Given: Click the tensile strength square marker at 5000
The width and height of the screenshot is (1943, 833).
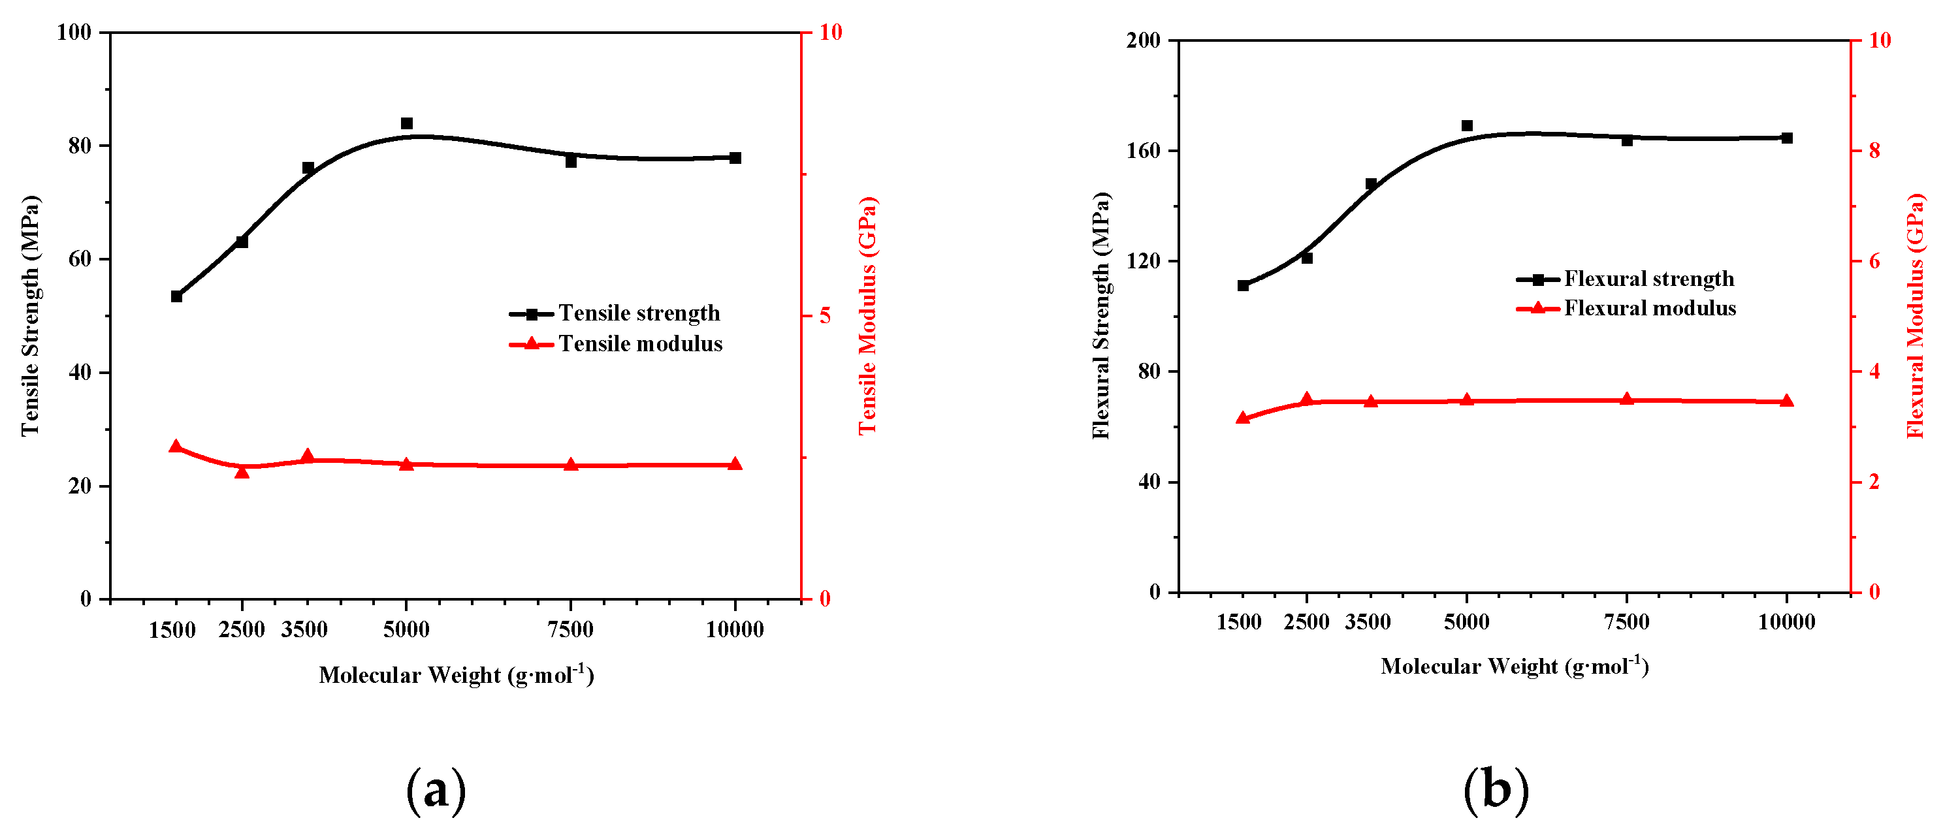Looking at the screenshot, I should coord(406,123).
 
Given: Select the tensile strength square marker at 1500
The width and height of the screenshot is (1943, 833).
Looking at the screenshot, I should coord(176,296).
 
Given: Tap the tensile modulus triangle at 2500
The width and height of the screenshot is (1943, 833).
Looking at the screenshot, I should coord(242,472).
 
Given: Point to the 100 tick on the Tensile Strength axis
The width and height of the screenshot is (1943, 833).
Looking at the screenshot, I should coord(74,33).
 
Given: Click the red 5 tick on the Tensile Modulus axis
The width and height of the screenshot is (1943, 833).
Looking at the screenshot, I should coord(825,315).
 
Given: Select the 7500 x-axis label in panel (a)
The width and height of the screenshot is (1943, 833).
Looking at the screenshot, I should coord(570,629).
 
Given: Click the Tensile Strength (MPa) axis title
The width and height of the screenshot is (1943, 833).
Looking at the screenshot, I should coord(29,315).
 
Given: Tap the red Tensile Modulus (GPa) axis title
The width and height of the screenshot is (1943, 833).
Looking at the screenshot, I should coord(867,315).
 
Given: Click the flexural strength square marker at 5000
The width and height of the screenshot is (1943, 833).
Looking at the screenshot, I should coord(1467,126).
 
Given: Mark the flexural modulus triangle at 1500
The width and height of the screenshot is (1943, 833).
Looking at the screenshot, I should coord(1243,418).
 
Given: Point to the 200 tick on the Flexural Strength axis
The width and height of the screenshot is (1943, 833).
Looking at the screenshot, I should coord(1143,40).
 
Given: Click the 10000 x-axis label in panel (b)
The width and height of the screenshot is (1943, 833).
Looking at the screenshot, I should coord(1786,622).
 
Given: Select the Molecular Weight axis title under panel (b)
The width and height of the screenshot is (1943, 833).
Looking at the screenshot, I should coord(1515,667).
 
